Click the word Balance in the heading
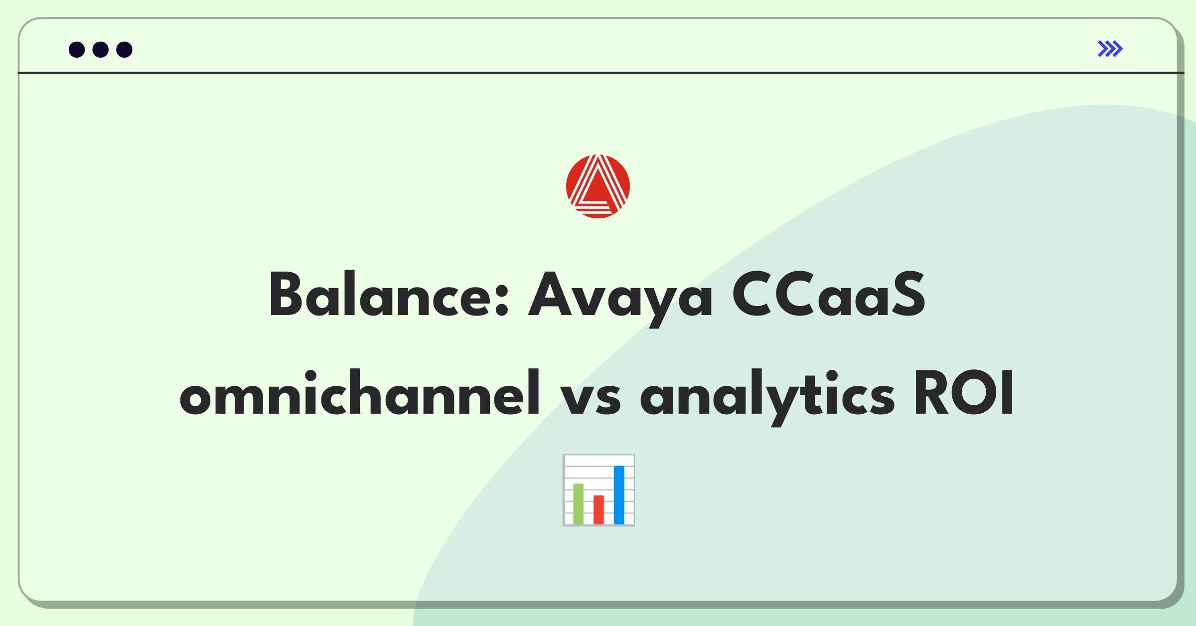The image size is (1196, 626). point(389,294)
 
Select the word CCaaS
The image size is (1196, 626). point(828,294)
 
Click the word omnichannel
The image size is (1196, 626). point(360,393)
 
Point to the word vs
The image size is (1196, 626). point(591,399)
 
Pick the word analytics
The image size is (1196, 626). point(767,398)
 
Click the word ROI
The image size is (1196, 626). point(964,393)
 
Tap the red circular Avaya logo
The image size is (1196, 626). point(598,186)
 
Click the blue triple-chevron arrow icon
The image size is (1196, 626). point(1110,49)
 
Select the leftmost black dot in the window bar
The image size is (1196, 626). point(77,50)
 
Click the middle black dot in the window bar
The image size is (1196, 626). point(101,50)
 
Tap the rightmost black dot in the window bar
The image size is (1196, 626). point(125,50)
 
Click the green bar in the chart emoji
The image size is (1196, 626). point(578,503)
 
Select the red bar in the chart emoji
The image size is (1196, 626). point(598,509)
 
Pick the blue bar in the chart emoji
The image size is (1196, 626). point(619,494)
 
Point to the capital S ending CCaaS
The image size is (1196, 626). point(908,294)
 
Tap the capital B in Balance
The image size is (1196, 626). point(286,294)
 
